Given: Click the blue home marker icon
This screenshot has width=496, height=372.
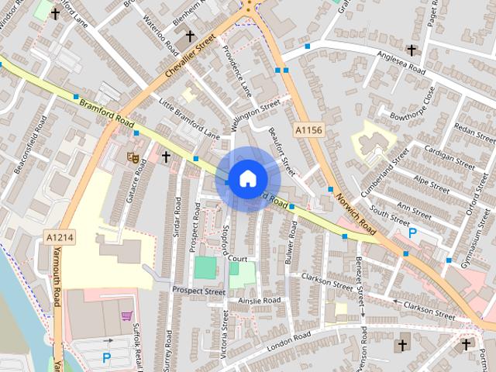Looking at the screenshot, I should (x=246, y=179).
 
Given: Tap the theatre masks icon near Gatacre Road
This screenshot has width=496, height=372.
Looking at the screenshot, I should (x=133, y=157).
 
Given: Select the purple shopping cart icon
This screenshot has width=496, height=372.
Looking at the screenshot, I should (x=126, y=316).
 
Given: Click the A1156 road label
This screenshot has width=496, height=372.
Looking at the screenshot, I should (x=308, y=132).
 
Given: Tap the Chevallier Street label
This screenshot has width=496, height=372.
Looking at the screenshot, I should (x=190, y=60).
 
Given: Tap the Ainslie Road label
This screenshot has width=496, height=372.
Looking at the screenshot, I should (x=259, y=300).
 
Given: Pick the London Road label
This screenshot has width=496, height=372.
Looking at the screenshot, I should (x=288, y=339).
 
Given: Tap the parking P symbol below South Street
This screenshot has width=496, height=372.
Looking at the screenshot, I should (x=412, y=232).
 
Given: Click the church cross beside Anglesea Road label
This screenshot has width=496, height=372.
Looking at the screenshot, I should (x=412, y=50).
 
